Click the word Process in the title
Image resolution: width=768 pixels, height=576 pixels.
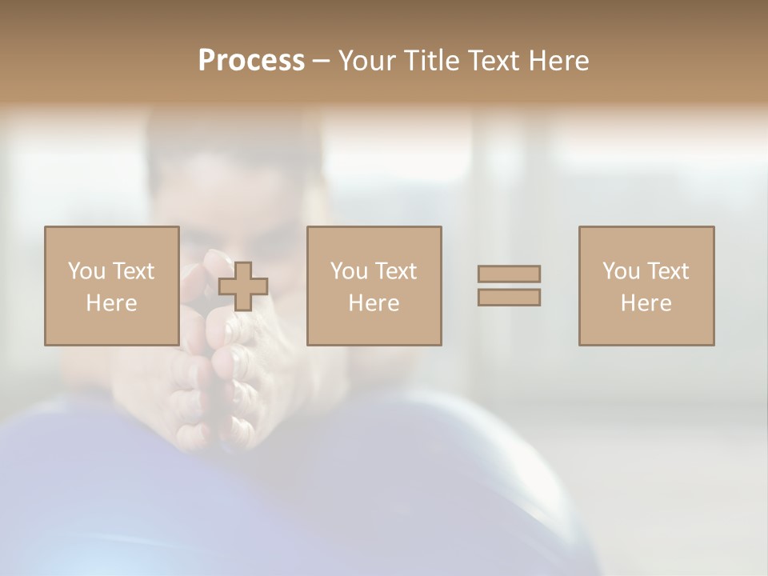click(x=251, y=61)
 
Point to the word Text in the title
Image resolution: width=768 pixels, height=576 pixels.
click(x=494, y=61)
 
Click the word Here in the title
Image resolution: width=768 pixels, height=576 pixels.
click(x=558, y=61)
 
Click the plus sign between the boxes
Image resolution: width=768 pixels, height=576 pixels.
click(x=243, y=286)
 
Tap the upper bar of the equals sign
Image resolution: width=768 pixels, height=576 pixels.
click(x=509, y=274)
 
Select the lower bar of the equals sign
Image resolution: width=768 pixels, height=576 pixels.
click(x=509, y=298)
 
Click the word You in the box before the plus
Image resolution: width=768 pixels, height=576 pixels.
click(x=86, y=271)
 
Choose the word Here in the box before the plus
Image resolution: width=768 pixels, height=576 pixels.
click(x=111, y=303)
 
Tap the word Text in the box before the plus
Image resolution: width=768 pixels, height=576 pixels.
click(x=133, y=271)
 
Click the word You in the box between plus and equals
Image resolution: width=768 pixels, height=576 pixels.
click(x=349, y=271)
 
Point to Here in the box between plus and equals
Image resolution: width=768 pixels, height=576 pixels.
click(x=374, y=303)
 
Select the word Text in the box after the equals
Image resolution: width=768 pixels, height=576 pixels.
click(x=667, y=271)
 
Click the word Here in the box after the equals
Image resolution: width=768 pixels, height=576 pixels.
click(x=646, y=303)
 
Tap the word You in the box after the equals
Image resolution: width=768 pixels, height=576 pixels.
click(x=621, y=271)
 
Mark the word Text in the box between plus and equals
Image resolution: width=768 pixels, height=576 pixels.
click(x=395, y=271)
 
